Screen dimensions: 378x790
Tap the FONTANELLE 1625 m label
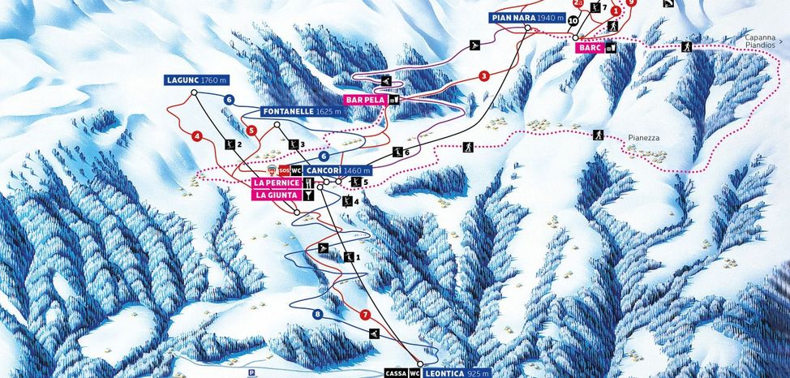pos(301,111)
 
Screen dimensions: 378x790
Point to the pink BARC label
pos(589,48)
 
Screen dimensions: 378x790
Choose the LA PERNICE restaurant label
pos(277,183)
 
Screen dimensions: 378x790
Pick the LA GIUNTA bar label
pos(277,195)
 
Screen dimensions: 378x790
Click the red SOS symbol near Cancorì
pos(283,170)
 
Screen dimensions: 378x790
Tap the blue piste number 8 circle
pos(317,314)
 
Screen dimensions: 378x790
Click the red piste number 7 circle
pos(365,314)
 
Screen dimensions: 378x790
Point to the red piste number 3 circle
pos(483,75)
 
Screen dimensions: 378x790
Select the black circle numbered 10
pos(573,20)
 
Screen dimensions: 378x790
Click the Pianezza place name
pos(643,138)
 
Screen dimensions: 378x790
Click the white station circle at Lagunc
pos(195,93)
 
